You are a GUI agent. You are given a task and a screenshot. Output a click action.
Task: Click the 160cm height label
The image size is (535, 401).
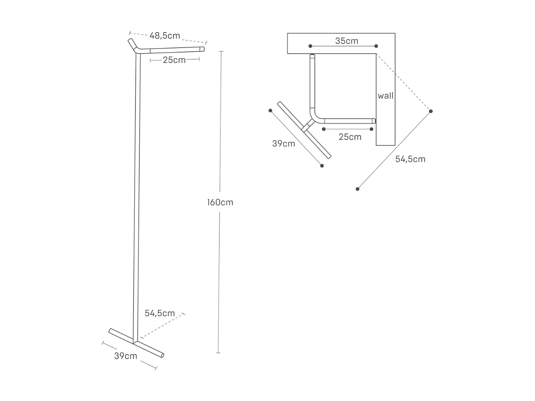pos(220,202)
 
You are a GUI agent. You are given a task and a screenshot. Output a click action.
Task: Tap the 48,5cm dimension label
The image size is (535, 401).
pos(165,36)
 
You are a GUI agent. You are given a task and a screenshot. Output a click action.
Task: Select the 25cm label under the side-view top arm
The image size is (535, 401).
pos(174,60)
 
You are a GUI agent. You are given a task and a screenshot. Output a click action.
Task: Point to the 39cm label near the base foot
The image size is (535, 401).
pos(125,356)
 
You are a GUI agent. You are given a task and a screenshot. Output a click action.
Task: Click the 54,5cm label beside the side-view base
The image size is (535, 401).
pos(160,313)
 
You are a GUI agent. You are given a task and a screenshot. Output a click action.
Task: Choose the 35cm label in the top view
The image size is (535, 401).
pos(347,41)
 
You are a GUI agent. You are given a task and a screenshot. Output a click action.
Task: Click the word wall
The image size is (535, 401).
pos(386,96)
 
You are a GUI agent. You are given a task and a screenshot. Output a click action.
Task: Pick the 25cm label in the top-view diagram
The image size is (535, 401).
pos(350,137)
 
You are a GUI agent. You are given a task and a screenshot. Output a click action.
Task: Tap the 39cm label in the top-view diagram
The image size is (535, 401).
pos(284,144)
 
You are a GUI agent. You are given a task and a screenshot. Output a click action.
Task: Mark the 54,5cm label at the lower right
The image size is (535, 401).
pos(410,159)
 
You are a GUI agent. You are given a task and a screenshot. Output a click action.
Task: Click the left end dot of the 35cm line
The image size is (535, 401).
pos(310,46)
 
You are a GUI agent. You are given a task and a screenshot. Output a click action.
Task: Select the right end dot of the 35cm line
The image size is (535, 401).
pos(376,46)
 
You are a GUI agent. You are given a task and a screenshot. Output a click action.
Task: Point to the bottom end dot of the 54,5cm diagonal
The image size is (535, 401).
pos(357,189)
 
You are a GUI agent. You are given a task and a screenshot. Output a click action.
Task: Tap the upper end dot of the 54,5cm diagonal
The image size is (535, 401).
pos(431,111)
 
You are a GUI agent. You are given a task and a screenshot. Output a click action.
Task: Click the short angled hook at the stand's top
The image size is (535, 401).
pos(133,45)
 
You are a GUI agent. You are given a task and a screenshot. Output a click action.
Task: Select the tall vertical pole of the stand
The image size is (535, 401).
pos(137,194)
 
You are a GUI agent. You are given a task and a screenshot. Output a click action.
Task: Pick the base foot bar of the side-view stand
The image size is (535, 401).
pos(136,343)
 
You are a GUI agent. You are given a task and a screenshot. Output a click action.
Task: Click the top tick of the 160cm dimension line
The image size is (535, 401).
pos(221,51)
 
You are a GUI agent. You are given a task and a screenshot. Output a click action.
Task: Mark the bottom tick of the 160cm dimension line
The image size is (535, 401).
pos(218,353)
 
